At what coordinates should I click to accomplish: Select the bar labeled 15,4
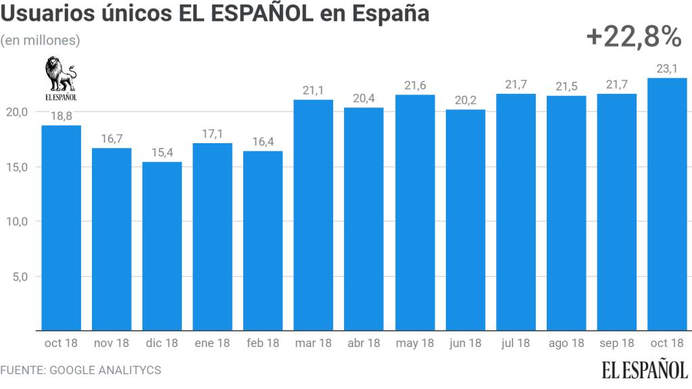[x=162, y=247]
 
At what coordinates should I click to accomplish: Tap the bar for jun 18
[x=465, y=220]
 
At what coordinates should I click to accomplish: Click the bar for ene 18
[x=212, y=237]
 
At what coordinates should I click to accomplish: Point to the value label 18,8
[x=61, y=117]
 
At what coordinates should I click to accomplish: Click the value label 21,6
[x=414, y=86]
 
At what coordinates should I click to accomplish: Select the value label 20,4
[x=364, y=99]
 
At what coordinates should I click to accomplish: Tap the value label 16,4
[x=263, y=142]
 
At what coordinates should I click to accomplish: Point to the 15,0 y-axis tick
[x=17, y=167]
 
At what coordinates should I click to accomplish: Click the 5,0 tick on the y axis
[x=20, y=276]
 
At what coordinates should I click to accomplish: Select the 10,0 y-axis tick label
[x=17, y=222]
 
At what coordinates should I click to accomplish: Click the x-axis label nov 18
[x=112, y=343]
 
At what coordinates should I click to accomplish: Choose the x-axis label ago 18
[x=566, y=343]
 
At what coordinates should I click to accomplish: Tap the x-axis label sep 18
[x=617, y=343]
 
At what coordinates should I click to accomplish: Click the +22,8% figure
[x=633, y=38]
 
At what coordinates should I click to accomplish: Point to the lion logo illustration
[x=61, y=74]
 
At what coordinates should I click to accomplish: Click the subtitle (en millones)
[x=41, y=41]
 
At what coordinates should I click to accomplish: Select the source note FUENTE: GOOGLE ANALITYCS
[x=80, y=371]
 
